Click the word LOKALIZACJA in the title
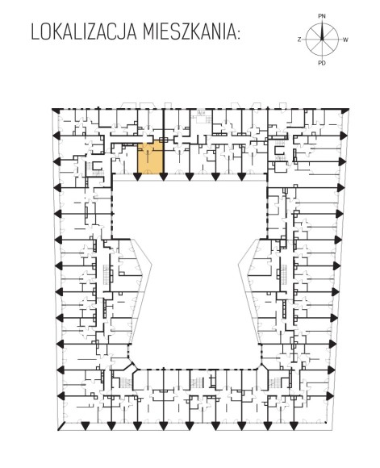pos(84,32)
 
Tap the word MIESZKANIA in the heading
pos(188,32)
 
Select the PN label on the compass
pos(322,16)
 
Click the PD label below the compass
pos(322,63)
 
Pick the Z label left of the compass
pos(299,40)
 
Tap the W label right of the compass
pos(345,40)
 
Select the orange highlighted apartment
pos(150,157)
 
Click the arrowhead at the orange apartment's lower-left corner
pos(137,177)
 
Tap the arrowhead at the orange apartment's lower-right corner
pos(163,177)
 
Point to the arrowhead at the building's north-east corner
pos(345,111)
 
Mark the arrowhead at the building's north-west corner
pos(56,111)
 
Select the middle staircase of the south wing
pos(197,382)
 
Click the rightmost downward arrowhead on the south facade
pos(293,426)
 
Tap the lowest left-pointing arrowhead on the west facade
pos(61,396)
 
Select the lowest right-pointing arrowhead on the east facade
pos(331,396)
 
